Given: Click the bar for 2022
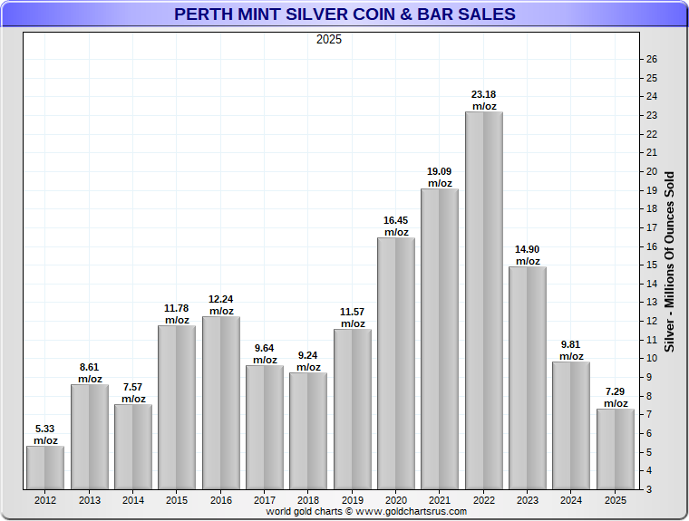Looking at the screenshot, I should pyautogui.click(x=484, y=300).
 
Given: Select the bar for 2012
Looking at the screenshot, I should pyautogui.click(x=45, y=468).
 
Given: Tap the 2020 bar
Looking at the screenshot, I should pyautogui.click(x=396, y=363).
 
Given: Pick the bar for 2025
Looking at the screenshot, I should pyautogui.click(x=616, y=449).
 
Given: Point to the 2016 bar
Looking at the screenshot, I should pyautogui.click(x=221, y=402).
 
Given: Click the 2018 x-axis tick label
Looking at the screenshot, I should pyautogui.click(x=309, y=499).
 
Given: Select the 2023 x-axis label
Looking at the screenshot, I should pyautogui.click(x=528, y=499).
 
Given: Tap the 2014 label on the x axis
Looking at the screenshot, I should pyautogui.click(x=133, y=499).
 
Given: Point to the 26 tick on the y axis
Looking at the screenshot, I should pyautogui.click(x=652, y=60).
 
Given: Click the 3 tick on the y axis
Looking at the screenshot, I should pyautogui.click(x=650, y=489).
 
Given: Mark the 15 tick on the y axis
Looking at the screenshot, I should pyautogui.click(x=652, y=265).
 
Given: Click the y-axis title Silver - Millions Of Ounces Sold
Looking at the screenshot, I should pyautogui.click(x=670, y=261).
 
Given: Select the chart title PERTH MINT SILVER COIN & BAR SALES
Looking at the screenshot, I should pyautogui.click(x=344, y=14).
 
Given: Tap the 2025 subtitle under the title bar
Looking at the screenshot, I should pyautogui.click(x=329, y=40).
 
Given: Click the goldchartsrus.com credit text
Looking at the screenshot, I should pyautogui.click(x=366, y=512).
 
